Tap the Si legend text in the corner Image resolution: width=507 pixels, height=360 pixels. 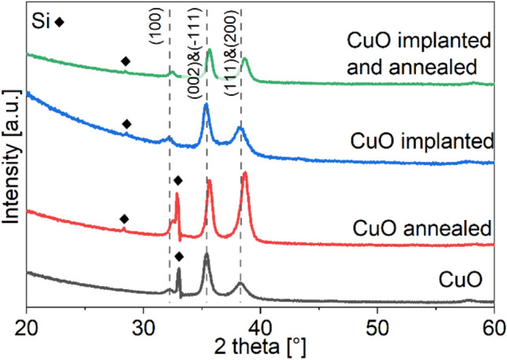click(39, 22)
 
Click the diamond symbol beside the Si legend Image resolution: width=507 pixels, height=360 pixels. click(60, 23)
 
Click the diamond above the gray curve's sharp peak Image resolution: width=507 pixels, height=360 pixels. click(179, 257)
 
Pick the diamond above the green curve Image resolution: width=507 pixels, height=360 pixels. click(124, 61)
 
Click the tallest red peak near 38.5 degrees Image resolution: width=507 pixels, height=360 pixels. click(244, 173)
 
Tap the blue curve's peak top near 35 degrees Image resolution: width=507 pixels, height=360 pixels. click(206, 105)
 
